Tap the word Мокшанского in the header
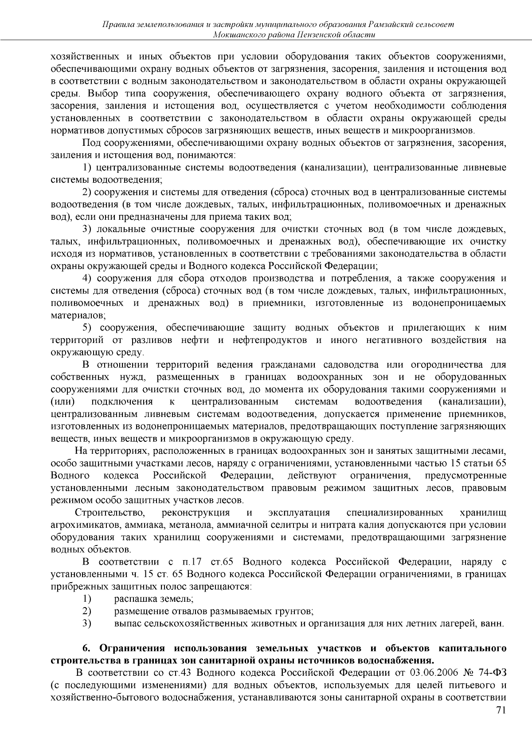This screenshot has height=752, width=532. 237,35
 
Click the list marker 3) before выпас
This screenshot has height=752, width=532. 87,624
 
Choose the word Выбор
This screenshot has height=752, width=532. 103,94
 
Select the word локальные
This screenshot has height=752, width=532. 119,229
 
